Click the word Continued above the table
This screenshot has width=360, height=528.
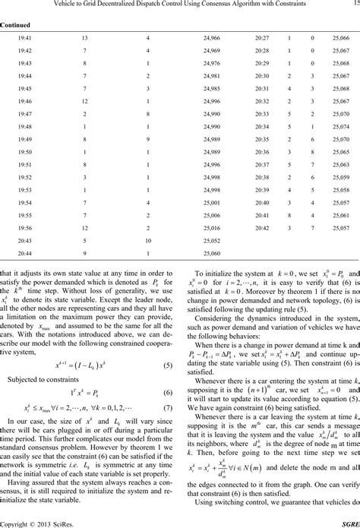click(x=15, y=24)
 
